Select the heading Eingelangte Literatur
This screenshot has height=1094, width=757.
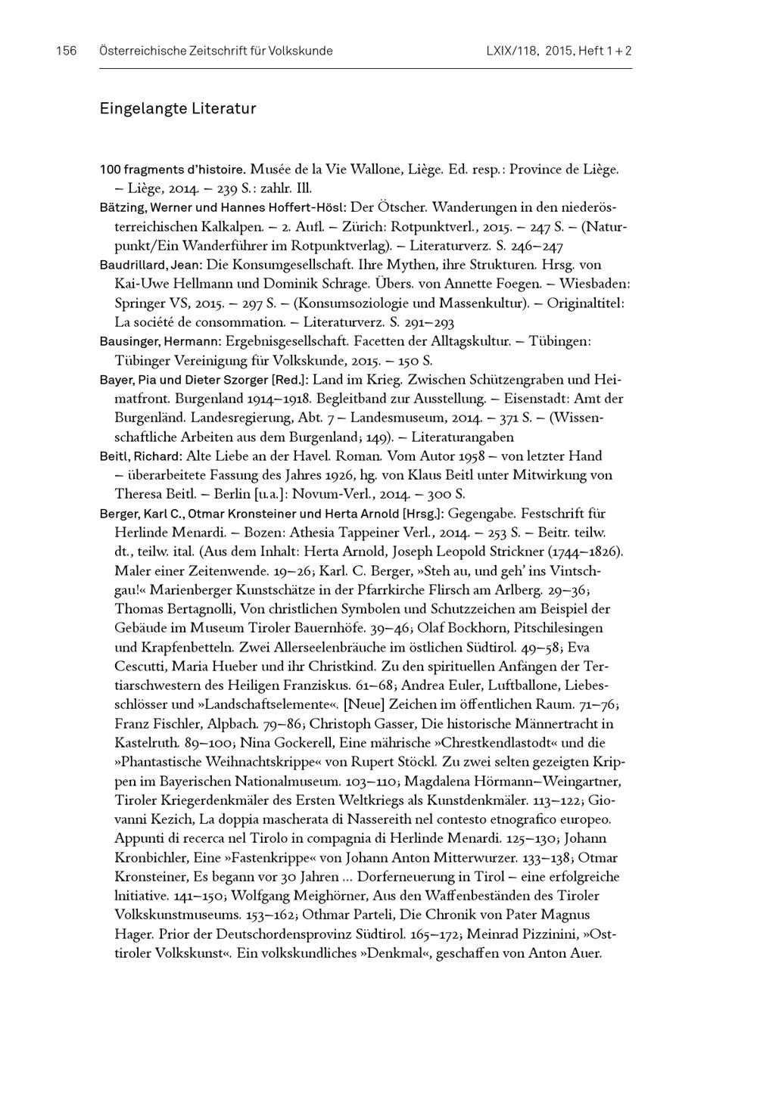[178, 109]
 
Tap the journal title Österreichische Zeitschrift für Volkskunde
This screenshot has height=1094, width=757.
[216, 51]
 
